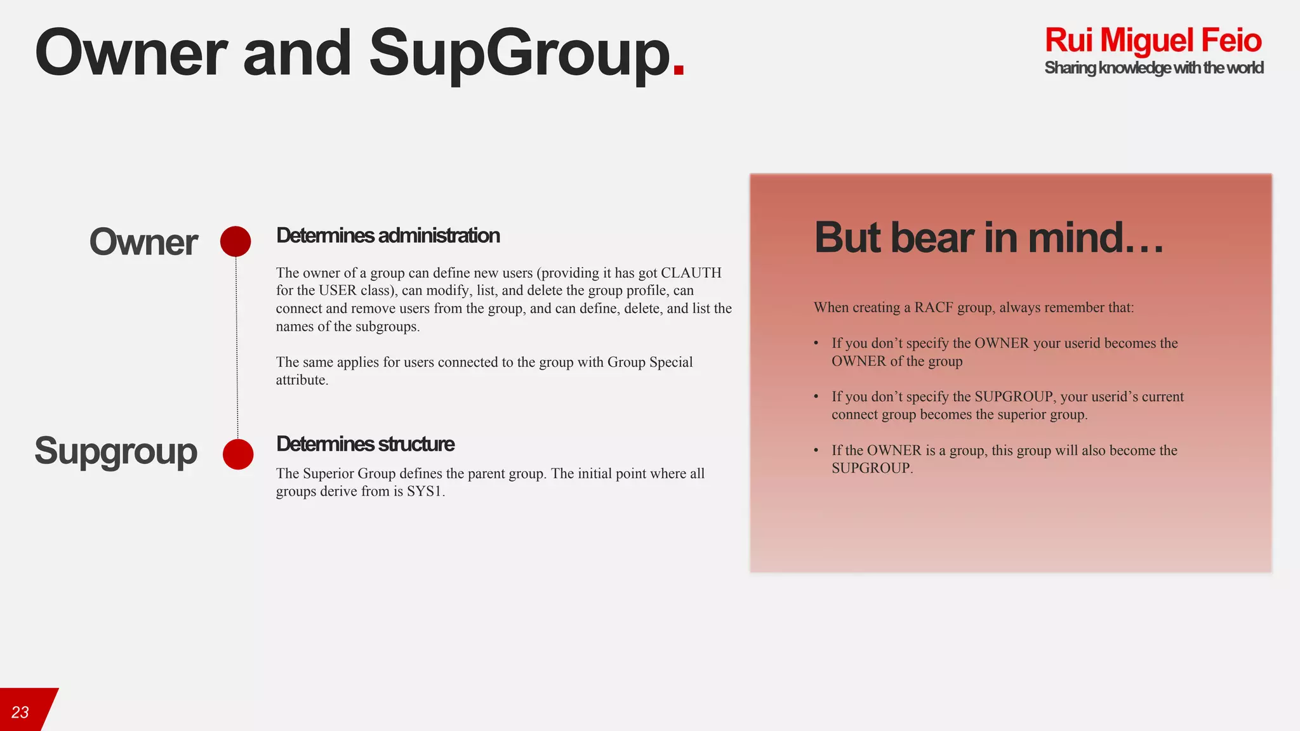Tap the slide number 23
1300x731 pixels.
point(20,712)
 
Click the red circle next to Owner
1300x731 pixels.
point(235,241)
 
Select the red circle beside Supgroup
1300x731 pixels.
point(238,454)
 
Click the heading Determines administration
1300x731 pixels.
point(388,235)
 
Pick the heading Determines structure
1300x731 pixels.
point(365,444)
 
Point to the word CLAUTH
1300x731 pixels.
point(691,273)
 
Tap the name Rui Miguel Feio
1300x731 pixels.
point(1153,40)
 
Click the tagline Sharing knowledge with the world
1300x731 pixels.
point(1153,68)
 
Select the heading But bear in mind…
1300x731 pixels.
point(988,237)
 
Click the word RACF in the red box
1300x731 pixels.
point(933,308)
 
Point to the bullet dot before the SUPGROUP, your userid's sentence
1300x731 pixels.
point(816,397)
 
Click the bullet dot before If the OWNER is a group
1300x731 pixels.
point(816,451)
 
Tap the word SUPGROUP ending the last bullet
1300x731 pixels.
point(871,468)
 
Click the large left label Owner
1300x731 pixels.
point(143,242)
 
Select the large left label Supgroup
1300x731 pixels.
point(116,451)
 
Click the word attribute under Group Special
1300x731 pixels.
point(301,380)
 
